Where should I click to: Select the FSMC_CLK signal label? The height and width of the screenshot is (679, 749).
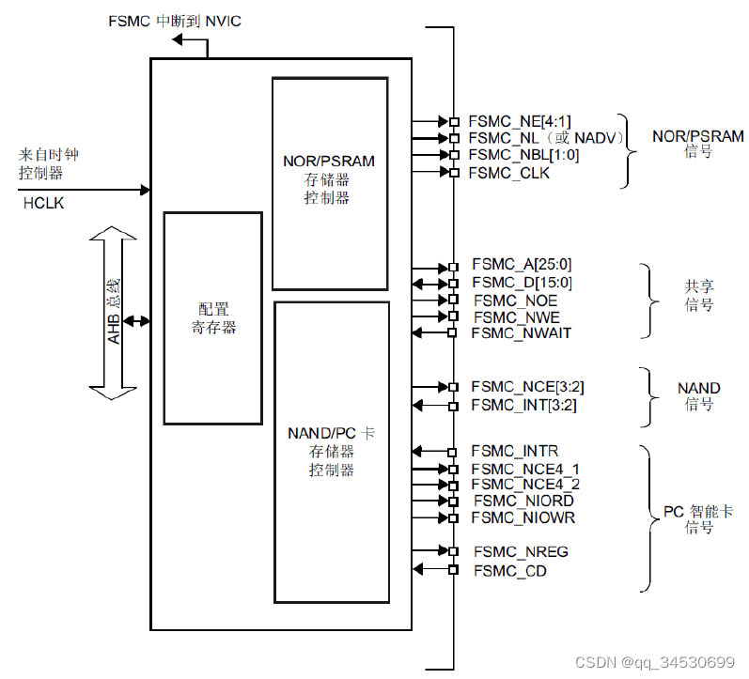point(509,172)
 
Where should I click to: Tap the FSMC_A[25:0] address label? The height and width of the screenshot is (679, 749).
point(522,266)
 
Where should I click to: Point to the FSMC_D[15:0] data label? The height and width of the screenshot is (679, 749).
point(522,283)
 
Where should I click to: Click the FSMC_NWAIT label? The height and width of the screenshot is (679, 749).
point(521,332)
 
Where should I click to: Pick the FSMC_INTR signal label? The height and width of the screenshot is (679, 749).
point(514,452)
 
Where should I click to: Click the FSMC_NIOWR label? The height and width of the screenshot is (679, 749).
point(523,517)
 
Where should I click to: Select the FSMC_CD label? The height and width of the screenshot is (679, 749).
point(509,570)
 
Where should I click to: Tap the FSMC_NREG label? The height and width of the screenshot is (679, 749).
point(520,551)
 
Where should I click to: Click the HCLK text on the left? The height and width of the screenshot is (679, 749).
point(43,203)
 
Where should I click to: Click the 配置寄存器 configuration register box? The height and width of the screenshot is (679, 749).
point(213,318)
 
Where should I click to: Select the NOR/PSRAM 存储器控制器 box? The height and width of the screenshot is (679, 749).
point(329,183)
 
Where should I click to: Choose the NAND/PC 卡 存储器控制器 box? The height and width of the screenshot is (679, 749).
point(331,451)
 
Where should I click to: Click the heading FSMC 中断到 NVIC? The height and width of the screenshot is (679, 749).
point(175,21)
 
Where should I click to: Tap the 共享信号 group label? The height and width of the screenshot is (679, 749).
point(698,296)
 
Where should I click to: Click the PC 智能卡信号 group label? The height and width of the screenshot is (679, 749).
point(698,519)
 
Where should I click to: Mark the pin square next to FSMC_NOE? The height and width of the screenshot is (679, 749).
point(453,300)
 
